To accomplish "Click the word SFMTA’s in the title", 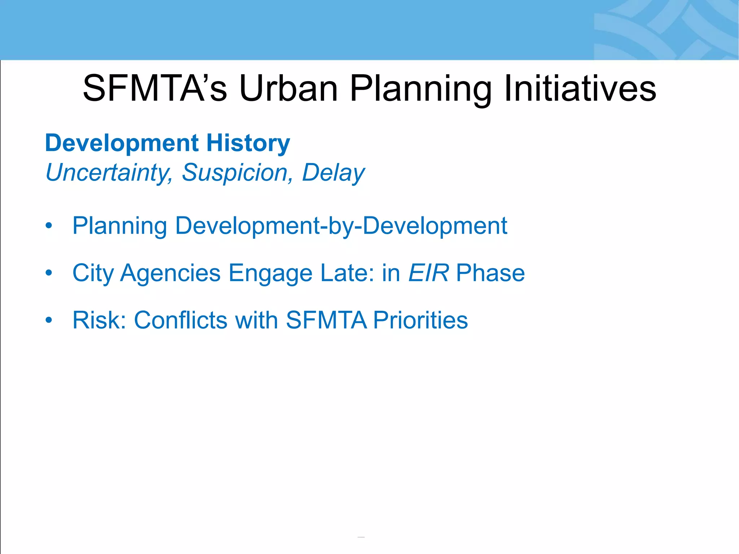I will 155,88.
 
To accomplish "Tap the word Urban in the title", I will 289,88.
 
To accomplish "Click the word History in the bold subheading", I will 248,143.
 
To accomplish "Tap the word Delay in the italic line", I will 333,173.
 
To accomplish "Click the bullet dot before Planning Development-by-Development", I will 49,226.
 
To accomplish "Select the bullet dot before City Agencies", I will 49,273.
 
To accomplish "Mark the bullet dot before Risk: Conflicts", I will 49,320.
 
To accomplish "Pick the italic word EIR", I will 428,273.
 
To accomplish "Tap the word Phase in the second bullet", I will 490,273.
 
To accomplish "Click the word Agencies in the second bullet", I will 170,273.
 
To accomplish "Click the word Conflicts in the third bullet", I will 181,320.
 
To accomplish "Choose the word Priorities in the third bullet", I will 420,320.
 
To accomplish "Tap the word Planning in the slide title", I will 420,88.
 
